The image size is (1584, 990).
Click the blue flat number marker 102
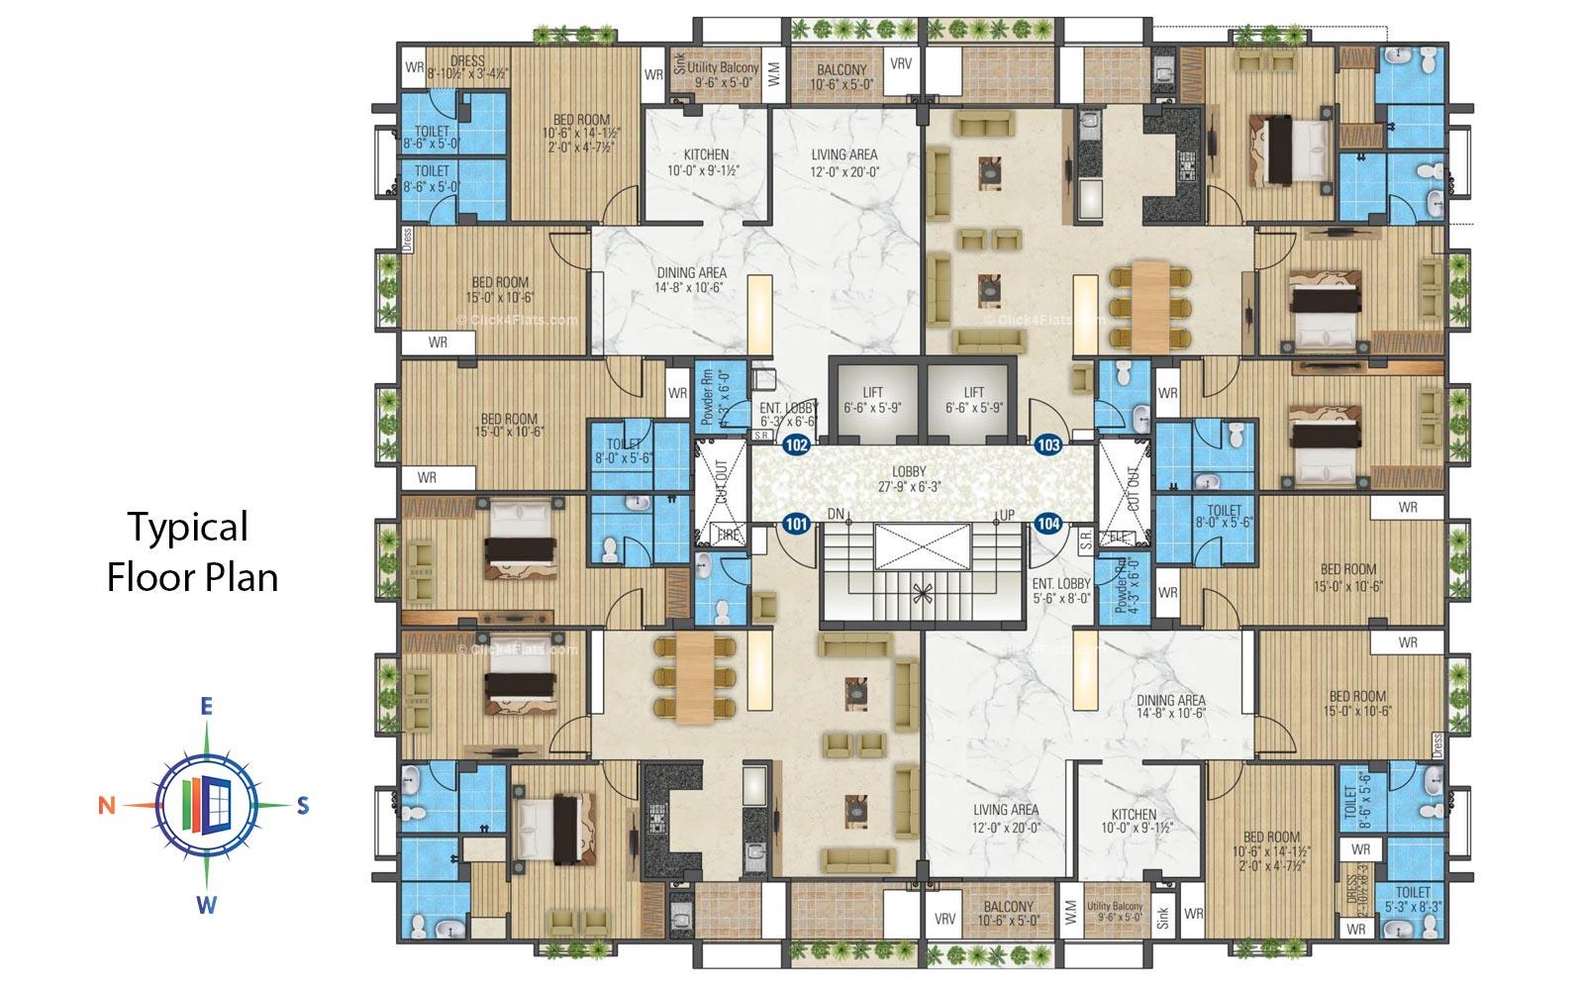(796, 445)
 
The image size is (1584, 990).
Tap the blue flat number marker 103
(1048, 445)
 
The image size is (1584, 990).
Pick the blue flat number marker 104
(1048, 523)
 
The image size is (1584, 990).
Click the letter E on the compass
(206, 706)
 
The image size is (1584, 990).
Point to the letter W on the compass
(206, 905)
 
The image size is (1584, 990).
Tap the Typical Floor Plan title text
(191, 551)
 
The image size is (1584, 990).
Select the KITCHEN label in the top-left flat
(706, 162)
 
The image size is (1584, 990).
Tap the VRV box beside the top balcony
(901, 64)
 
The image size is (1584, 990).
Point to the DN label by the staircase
(836, 515)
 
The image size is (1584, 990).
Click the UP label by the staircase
(1007, 515)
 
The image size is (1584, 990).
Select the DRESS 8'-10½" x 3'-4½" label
(466, 66)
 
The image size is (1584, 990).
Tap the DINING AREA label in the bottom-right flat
(1170, 706)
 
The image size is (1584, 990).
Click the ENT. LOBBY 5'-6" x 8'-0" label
(1061, 591)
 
